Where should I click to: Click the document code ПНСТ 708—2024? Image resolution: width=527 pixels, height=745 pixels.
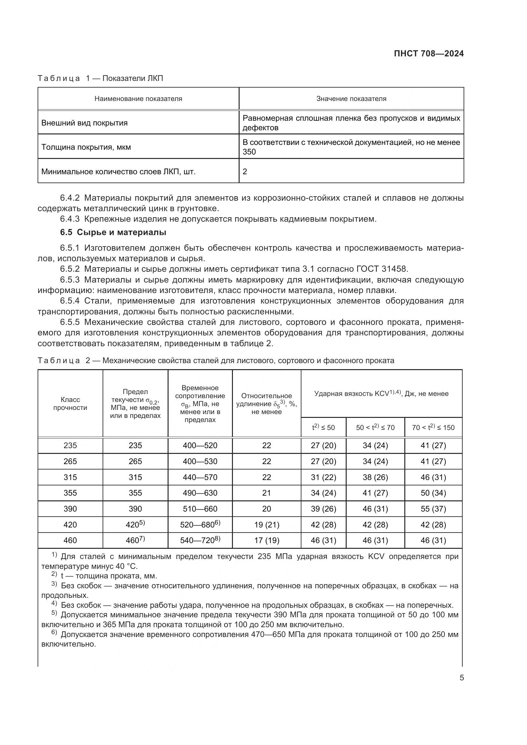tap(429, 54)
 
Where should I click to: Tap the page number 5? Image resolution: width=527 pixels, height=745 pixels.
tap(461, 677)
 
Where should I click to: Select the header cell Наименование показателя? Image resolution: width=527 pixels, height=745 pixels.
tap(138, 99)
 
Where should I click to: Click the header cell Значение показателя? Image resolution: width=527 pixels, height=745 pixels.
tap(351, 99)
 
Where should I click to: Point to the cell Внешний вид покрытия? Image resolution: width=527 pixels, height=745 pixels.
tap(84, 123)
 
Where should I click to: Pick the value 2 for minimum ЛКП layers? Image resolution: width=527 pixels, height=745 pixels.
tap(245, 171)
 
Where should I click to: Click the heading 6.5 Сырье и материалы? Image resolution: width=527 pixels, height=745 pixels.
tap(113, 232)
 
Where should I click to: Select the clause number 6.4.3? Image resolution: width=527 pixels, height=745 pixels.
tap(70, 219)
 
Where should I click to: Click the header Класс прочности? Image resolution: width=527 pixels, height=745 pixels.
tap(70, 404)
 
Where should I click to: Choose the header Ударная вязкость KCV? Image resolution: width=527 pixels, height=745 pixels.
tap(381, 394)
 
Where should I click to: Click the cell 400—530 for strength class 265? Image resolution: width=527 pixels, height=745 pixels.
tap(200, 462)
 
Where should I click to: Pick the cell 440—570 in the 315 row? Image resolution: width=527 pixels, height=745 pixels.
tap(200, 477)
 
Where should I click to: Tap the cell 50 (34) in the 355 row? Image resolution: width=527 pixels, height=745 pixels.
tap(433, 493)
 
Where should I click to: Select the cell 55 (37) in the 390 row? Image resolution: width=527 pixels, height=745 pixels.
tap(433, 509)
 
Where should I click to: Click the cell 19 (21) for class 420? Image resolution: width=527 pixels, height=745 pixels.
tap(266, 525)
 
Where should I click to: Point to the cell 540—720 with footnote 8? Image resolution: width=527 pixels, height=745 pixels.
tap(200, 540)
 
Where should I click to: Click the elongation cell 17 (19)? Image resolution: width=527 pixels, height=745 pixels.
tap(266, 540)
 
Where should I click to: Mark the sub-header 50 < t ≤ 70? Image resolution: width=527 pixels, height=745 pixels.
tap(375, 427)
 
